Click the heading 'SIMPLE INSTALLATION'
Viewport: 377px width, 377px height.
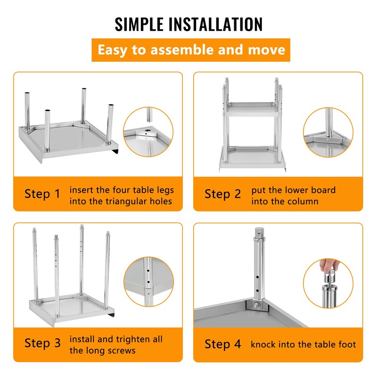click(188, 24)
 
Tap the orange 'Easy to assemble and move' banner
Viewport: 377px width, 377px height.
click(191, 50)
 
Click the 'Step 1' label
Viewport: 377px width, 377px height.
click(42, 194)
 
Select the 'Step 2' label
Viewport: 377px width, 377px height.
click(222, 194)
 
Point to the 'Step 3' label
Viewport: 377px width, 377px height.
click(42, 343)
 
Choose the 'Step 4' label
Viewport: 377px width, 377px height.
click(222, 344)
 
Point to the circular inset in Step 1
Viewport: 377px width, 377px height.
click(148, 132)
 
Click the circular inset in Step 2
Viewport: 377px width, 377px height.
click(328, 132)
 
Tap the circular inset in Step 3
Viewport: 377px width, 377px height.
click(148, 282)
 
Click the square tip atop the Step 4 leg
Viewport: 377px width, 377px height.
click(259, 232)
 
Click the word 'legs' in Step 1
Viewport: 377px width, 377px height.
click(165, 190)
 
